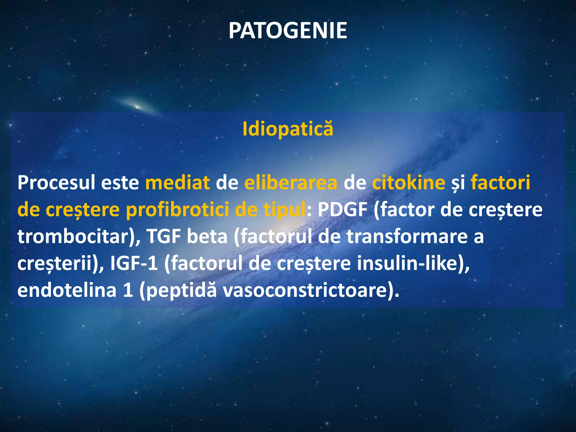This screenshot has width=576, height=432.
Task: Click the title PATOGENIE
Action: [288, 31]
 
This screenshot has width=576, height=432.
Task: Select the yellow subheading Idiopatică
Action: [288, 129]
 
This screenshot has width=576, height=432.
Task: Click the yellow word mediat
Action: [177, 183]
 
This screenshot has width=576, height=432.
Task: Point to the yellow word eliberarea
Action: [291, 183]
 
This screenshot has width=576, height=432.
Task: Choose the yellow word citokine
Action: [408, 183]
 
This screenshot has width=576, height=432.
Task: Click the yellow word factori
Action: [500, 183]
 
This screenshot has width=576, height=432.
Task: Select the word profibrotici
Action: [177, 210]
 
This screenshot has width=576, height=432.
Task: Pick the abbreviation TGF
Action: [163, 237]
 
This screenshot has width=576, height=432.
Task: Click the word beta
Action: [207, 237]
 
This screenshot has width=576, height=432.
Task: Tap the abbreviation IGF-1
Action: [134, 264]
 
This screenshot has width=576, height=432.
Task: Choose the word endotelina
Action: [67, 290]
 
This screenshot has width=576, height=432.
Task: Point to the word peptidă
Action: [182, 290]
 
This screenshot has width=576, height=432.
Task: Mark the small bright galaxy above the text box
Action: [137, 106]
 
